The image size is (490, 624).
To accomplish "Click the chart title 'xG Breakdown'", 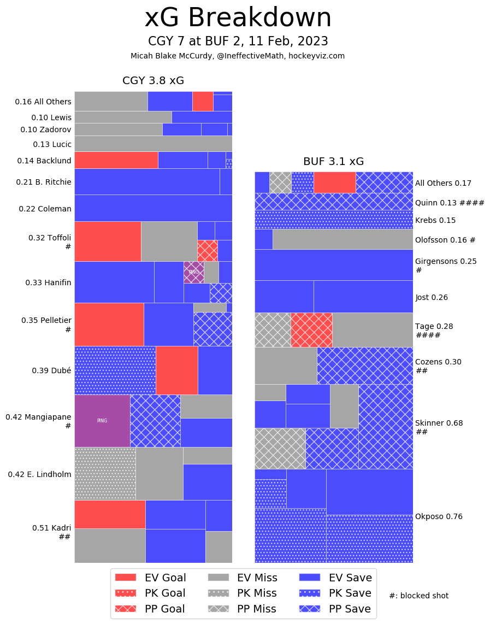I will pyautogui.click(x=238, y=19).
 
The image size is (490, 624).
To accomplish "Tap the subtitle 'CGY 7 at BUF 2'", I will pyautogui.click(x=238, y=42).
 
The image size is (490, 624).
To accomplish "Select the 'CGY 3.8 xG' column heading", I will pyautogui.click(x=153, y=81).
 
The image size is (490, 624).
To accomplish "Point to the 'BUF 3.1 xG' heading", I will pyautogui.click(x=333, y=161).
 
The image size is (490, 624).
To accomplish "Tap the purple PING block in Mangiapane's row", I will pyautogui.click(x=102, y=421).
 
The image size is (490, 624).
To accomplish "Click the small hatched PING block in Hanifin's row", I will pyautogui.click(x=193, y=272).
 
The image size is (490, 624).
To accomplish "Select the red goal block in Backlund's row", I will pyautogui.click(x=116, y=160).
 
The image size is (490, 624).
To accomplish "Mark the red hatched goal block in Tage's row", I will pyautogui.click(x=311, y=330).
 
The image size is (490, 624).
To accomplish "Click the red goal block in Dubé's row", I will pyautogui.click(x=176, y=370).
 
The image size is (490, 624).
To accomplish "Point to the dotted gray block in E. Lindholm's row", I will pyautogui.click(x=105, y=473).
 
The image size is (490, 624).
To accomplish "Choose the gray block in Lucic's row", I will pyautogui.click(x=153, y=143).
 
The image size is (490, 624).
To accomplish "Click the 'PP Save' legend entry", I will pyautogui.click(x=335, y=609).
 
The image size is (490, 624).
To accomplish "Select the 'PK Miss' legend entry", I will pyautogui.click(x=243, y=593).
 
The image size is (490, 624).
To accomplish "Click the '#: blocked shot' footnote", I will pyautogui.click(x=418, y=596).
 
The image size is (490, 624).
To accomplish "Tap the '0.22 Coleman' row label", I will pyautogui.click(x=45, y=209).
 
